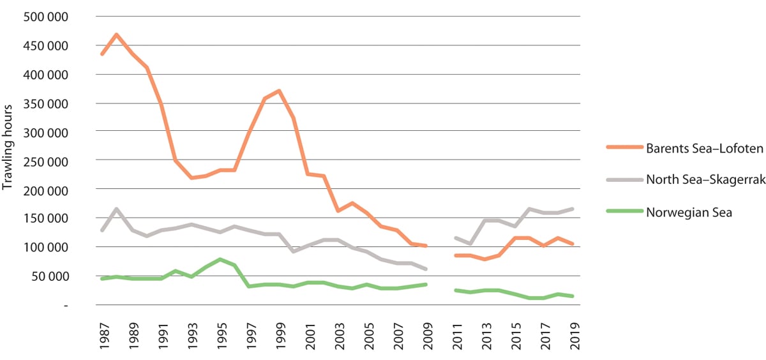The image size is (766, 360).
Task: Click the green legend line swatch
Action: (620, 213)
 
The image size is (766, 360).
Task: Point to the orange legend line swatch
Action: (620, 149)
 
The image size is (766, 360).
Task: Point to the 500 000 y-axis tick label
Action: (47, 17)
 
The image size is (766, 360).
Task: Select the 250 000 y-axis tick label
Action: (47, 161)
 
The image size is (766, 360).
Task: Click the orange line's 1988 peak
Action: (116, 34)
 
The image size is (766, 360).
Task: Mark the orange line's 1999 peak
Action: (279, 91)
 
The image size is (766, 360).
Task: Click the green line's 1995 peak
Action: (220, 259)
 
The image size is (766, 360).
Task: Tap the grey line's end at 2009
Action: (425, 269)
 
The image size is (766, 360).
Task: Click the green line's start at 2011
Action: (454, 290)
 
